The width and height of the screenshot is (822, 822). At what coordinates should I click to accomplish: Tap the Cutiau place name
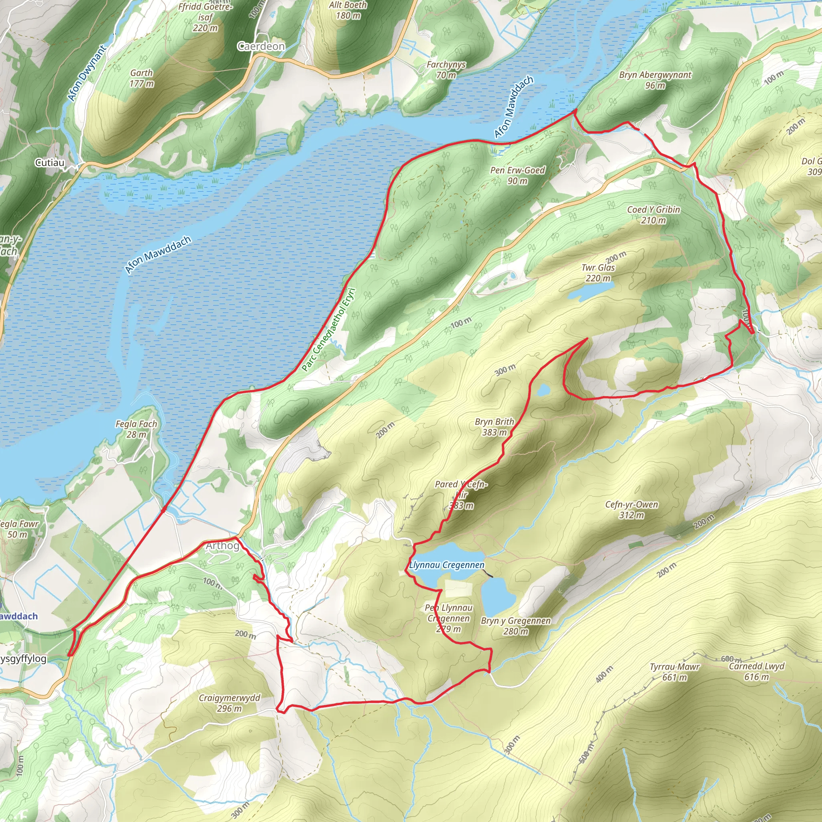[x=50, y=163]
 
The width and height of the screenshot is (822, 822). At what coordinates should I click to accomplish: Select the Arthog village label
[x=222, y=545]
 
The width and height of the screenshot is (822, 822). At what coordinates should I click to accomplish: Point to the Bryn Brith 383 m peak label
[x=494, y=427]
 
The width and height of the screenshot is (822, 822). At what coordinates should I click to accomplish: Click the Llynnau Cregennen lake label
[x=447, y=565]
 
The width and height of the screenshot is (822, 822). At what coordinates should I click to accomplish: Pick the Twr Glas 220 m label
[x=598, y=273]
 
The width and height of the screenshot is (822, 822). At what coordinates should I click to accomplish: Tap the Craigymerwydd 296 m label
[x=229, y=703]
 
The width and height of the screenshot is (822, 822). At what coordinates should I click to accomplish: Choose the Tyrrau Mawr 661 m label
[x=674, y=672]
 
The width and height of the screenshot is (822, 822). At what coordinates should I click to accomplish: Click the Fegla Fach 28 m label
[x=136, y=429]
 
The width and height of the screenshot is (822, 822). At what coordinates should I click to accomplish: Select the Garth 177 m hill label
[x=142, y=78]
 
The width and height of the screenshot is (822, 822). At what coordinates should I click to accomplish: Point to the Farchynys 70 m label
[x=446, y=70]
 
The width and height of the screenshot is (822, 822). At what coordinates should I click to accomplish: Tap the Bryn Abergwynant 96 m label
[x=655, y=80]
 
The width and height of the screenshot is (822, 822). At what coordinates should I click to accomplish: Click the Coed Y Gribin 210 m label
[x=653, y=215]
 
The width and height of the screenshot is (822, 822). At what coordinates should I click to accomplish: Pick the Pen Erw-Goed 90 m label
[x=517, y=175]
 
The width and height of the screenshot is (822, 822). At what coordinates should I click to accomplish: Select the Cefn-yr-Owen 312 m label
[x=631, y=510]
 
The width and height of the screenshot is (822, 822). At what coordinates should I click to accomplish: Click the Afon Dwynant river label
[x=87, y=73]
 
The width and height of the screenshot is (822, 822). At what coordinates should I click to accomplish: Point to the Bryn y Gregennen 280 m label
[x=516, y=626]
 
